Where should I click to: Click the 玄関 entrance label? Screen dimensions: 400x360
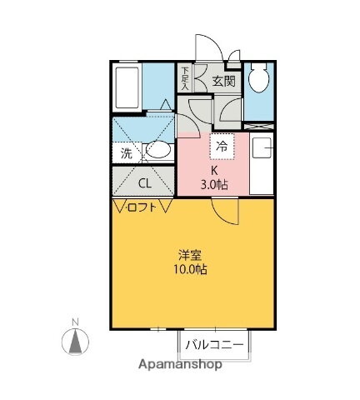[x=222, y=81]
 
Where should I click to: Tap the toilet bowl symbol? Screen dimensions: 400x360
[x=259, y=80]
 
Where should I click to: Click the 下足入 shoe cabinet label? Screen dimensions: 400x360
[x=185, y=78]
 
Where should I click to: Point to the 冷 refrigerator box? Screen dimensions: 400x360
[x=222, y=146]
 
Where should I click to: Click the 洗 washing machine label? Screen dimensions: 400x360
[x=126, y=152]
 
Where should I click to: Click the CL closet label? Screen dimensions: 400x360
[x=144, y=183]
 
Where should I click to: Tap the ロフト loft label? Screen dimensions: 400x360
[x=142, y=208]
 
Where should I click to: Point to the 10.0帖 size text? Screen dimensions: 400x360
[x=191, y=269]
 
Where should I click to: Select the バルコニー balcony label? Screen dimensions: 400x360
[x=214, y=343]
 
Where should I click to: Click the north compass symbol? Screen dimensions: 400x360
[x=76, y=341]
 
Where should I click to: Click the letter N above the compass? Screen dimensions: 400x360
[x=75, y=322]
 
